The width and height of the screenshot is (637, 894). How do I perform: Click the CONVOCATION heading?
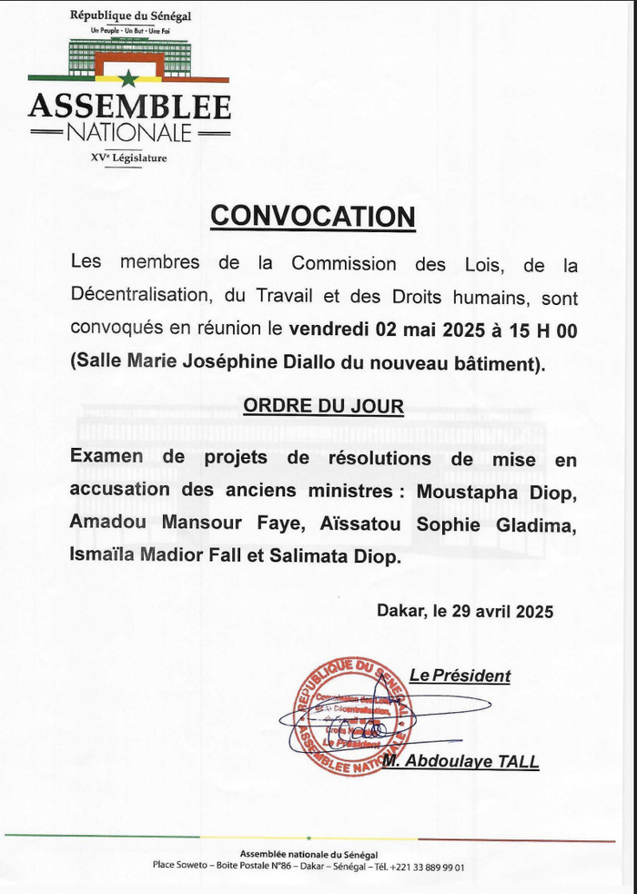pyautogui.click(x=312, y=216)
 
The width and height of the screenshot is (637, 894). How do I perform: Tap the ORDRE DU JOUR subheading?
pyautogui.click(x=323, y=406)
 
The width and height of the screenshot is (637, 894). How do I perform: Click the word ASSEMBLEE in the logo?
pyautogui.click(x=129, y=107)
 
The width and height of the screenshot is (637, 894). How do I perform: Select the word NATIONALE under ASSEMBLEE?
pyautogui.click(x=129, y=133)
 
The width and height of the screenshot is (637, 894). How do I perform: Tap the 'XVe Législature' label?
pyautogui.click(x=129, y=158)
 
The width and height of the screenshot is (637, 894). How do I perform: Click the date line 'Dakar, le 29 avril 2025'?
pyautogui.click(x=465, y=613)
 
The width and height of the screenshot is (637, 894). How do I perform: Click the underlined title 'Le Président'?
pyautogui.click(x=460, y=676)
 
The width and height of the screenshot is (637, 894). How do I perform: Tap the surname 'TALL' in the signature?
pyautogui.click(x=516, y=763)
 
